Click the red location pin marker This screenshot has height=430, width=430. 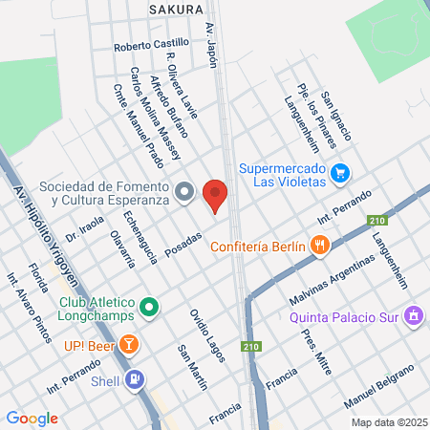point(215,195)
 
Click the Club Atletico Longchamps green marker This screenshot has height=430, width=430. point(148,308)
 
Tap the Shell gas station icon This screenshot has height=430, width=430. point(136,380)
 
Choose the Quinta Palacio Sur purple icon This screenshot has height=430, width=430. point(414,314)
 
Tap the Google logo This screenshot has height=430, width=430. point(32,418)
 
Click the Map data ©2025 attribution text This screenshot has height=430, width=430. point(386,421)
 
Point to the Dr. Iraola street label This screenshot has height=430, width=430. point(84,227)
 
